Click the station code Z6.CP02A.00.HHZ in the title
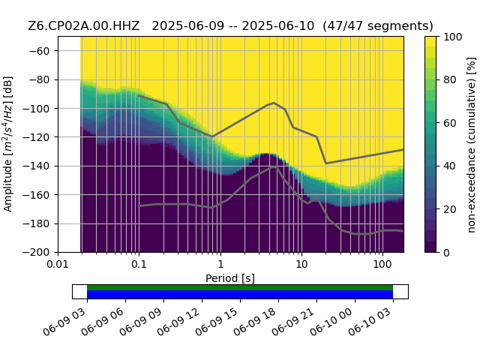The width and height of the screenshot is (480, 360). click(x=83, y=25)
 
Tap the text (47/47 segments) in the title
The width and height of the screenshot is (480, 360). click(x=378, y=25)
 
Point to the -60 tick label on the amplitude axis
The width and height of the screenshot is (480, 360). click(x=39, y=51)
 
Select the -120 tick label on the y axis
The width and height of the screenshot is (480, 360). click(x=36, y=137)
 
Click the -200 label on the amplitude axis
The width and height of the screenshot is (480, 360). click(x=36, y=253)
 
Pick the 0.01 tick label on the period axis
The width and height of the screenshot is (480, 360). click(x=58, y=264)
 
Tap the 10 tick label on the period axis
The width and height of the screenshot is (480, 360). click(x=301, y=264)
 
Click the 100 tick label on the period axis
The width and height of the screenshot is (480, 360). click(x=382, y=264)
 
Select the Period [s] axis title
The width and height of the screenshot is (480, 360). click(x=230, y=278)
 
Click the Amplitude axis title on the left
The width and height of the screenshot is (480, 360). click(x=7, y=144)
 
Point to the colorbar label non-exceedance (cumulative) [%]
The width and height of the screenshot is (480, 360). click(x=472, y=145)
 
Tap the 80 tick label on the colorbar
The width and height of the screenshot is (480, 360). click(x=450, y=80)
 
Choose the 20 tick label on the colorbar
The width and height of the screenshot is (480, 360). click(x=450, y=210)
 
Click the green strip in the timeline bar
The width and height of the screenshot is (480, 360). click(x=240, y=287)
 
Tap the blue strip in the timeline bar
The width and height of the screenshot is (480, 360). click(x=240, y=295)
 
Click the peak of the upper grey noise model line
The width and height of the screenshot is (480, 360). click(x=274, y=103)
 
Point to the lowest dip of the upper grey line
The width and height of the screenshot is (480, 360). click(x=325, y=163)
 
